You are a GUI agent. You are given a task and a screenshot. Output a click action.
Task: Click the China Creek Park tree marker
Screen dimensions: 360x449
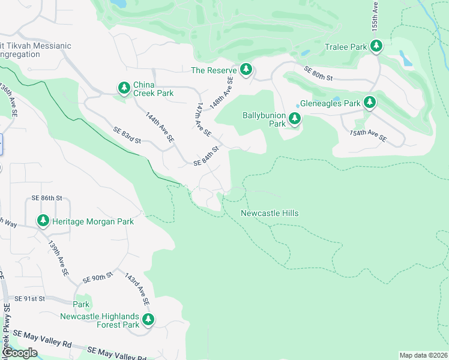point(124,89)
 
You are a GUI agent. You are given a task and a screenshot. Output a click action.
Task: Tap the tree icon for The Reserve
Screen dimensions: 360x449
point(246,70)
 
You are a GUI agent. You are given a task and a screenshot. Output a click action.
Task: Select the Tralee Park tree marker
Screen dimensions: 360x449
point(376,46)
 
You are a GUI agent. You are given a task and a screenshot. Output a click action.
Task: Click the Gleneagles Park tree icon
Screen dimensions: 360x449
point(369,103)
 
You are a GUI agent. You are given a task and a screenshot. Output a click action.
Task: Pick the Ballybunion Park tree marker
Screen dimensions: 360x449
point(294,119)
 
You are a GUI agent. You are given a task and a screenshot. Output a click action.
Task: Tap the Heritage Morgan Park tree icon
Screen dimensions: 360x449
point(43,221)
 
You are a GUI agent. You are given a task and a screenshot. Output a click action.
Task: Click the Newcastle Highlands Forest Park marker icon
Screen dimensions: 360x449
point(148,320)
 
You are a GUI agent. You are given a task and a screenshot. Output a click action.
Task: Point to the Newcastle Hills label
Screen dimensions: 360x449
point(270,213)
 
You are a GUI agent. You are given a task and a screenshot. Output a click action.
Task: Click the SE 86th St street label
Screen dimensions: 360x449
point(47,197)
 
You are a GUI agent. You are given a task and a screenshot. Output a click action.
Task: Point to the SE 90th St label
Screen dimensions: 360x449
point(98,278)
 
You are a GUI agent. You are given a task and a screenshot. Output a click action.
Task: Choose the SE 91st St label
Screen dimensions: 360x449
point(30,298)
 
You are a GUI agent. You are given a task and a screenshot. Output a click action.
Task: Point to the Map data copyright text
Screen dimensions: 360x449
point(423,355)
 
